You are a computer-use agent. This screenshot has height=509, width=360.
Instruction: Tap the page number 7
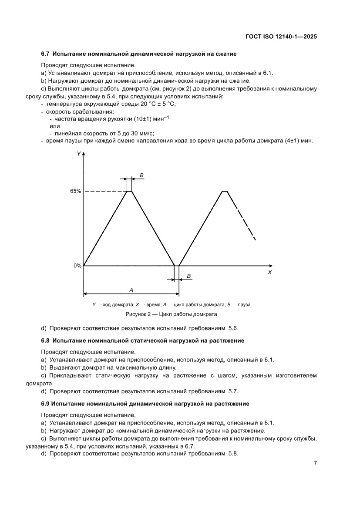tap(315, 463)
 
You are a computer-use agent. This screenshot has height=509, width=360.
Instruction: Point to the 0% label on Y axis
tap(77, 266)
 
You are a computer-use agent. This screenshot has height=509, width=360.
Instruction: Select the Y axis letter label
tap(78, 154)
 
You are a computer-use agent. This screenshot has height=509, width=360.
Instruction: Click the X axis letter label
tap(269, 272)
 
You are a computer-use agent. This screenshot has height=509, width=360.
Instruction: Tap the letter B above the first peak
tap(142, 175)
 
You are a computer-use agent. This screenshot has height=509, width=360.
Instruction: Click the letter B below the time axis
tap(188, 276)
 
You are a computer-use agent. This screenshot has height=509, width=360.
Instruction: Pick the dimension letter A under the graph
tap(131, 289)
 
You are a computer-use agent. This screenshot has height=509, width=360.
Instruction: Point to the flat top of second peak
tap(225, 191)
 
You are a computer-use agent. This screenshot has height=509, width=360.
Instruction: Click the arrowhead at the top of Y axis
tap(84, 154)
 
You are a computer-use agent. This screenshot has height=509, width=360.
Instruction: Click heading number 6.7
tap(46, 54)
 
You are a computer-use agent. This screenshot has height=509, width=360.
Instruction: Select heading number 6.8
tap(46, 340)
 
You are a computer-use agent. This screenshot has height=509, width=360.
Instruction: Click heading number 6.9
tap(46, 404)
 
